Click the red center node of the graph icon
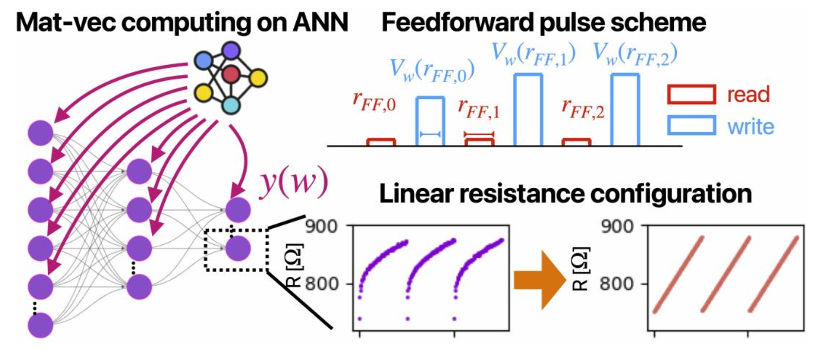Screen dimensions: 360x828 (231, 75)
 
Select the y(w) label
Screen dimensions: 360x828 (293, 184)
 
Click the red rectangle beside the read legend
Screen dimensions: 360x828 (691, 94)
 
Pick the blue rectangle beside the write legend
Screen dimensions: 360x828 (691, 125)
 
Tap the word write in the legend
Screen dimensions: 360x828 (750, 126)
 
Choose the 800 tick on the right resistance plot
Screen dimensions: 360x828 (617, 284)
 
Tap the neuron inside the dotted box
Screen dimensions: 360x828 (237, 248)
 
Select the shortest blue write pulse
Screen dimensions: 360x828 (431, 121)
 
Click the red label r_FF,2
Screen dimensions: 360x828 (582, 108)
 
